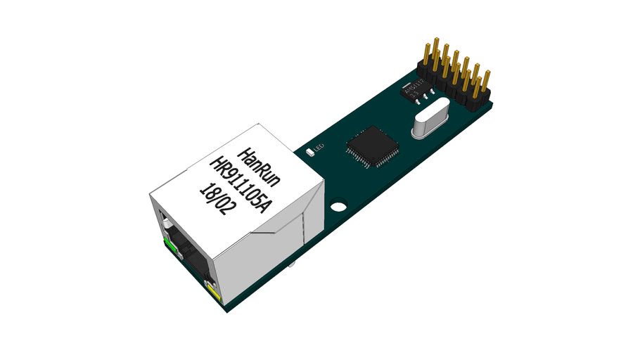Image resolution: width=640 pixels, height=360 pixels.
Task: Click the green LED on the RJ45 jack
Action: tap(169, 245)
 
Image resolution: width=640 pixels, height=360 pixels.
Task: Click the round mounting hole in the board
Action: tap(339, 207)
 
